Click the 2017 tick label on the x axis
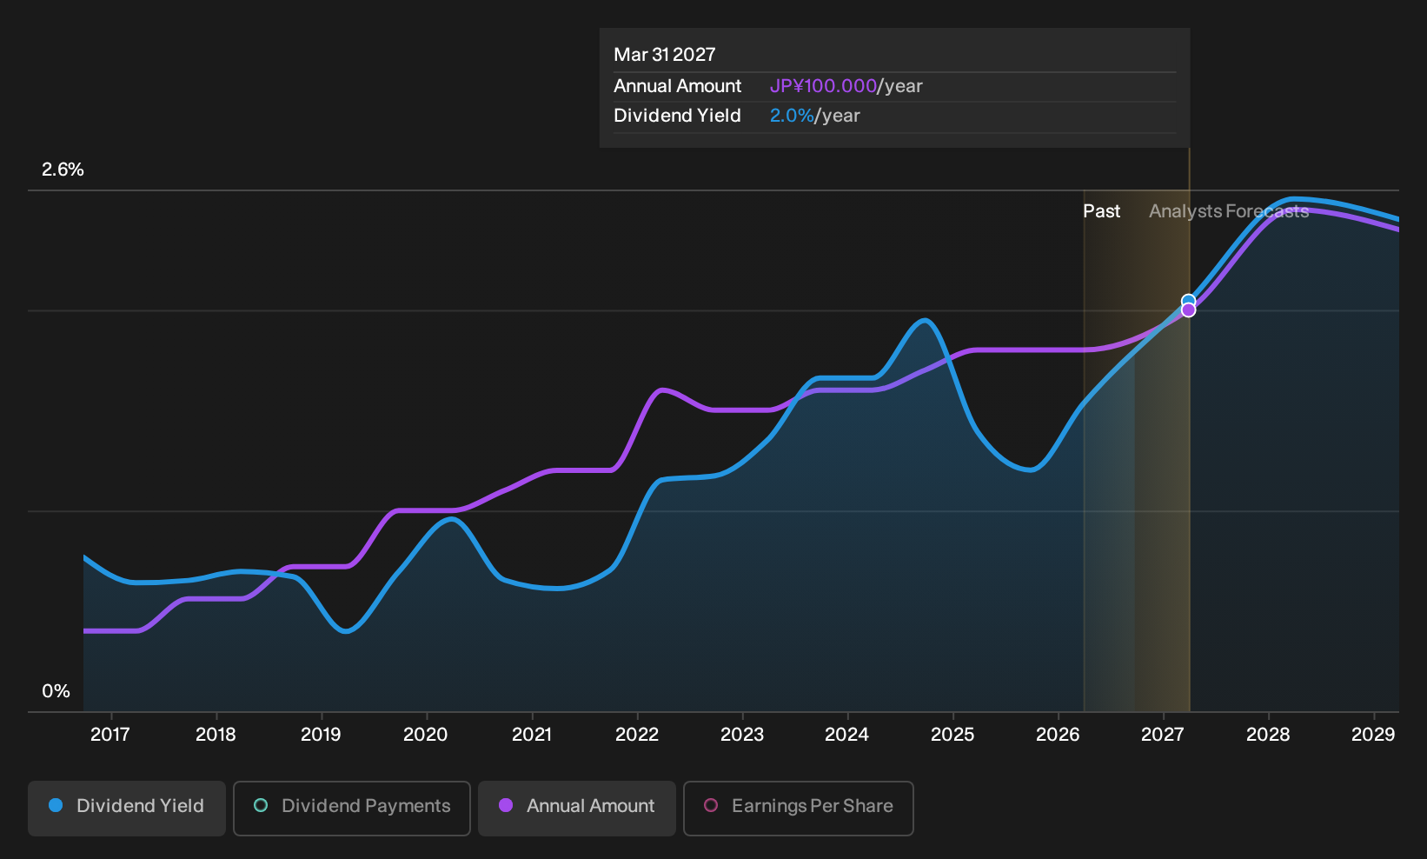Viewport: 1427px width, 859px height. click(110, 735)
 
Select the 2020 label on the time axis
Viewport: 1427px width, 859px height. click(426, 735)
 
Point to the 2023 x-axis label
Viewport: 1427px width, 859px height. click(742, 735)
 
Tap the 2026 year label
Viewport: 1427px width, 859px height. click(1058, 735)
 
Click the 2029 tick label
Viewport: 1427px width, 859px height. click(1373, 735)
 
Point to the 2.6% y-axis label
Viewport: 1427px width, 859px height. click(63, 170)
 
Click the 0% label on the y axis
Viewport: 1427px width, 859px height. click(56, 691)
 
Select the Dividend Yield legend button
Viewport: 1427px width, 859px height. click(127, 808)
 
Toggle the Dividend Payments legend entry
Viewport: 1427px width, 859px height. click(352, 808)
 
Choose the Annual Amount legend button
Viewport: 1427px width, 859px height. click(576, 808)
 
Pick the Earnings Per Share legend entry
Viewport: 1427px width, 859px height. click(798, 808)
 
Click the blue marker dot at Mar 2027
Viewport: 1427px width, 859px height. click(1189, 301)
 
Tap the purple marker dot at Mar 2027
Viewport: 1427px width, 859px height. click(1189, 310)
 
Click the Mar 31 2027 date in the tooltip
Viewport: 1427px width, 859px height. click(665, 55)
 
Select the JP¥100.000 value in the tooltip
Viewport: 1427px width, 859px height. click(823, 86)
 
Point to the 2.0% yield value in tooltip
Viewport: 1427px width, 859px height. click(792, 116)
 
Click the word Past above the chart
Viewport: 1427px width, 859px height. click(1101, 211)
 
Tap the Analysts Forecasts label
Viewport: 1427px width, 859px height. click(1229, 211)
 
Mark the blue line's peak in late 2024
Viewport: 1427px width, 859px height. click(925, 320)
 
